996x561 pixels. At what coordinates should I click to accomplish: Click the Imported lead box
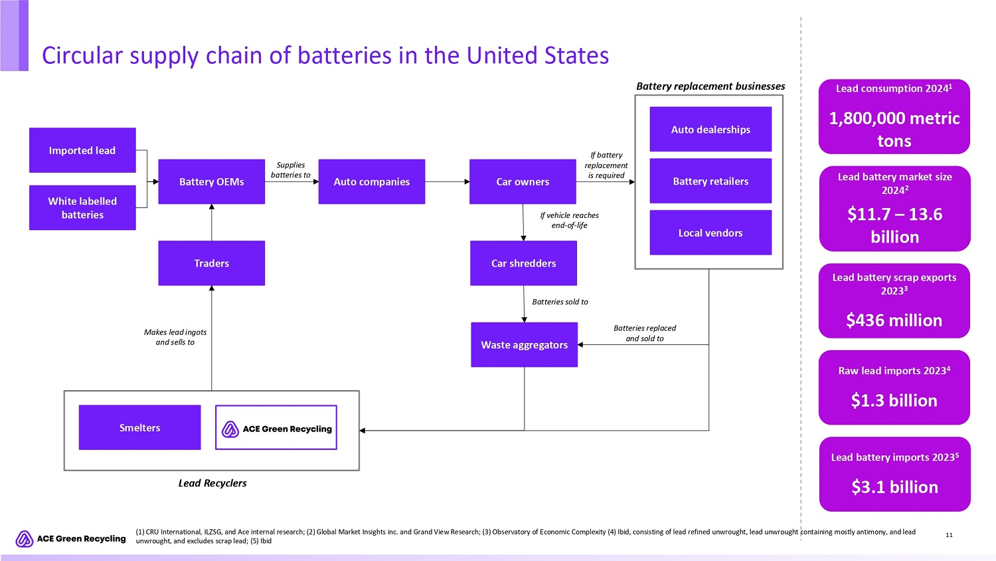82,150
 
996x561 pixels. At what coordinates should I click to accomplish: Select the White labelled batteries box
82,208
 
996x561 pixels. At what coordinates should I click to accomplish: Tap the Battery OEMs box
211,181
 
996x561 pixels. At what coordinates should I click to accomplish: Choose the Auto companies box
371,181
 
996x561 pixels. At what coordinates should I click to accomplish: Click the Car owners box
523,181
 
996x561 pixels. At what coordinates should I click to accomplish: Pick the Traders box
211,263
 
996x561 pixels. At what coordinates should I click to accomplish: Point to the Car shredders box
523,263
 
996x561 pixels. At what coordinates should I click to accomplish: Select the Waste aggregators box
524,345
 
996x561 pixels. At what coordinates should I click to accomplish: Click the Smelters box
139,427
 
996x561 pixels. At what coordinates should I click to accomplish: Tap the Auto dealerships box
710,130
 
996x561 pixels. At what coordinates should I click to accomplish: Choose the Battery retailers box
710,181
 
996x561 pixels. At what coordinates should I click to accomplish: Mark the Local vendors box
710,233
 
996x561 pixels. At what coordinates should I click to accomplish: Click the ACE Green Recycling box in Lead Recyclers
276,428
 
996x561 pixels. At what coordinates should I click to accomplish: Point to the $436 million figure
894,320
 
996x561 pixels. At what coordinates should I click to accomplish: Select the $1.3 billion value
894,400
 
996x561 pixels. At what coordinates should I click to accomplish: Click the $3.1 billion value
894,487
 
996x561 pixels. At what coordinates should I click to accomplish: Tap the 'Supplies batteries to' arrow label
291,170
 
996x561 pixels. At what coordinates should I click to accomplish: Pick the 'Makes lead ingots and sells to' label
175,337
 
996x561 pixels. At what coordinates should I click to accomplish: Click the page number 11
949,535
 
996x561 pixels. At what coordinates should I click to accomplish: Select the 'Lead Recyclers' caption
212,483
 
